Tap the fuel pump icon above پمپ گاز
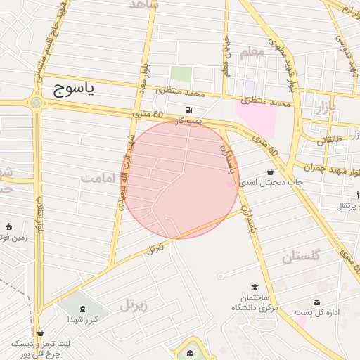tap(188, 110)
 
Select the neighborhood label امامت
tap(96, 177)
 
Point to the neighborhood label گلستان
tap(300, 257)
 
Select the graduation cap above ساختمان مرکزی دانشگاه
tap(255, 287)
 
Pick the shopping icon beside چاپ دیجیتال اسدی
tap(271, 172)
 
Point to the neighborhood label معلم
tap(252, 52)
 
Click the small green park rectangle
tap(181, 74)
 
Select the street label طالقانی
tap(332, 140)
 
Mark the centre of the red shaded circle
tap(181, 180)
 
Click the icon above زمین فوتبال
tap(9, 227)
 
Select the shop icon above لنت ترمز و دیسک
tap(39, 333)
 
